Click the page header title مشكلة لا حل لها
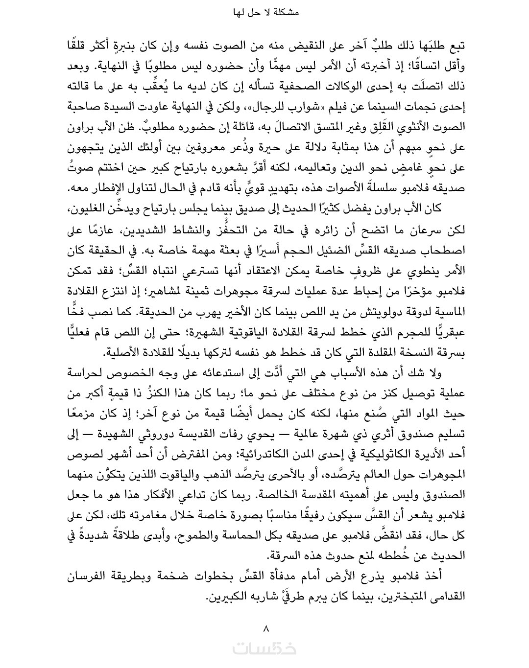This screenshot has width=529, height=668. click(x=264, y=14)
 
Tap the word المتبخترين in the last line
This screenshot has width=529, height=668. click(x=406, y=598)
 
